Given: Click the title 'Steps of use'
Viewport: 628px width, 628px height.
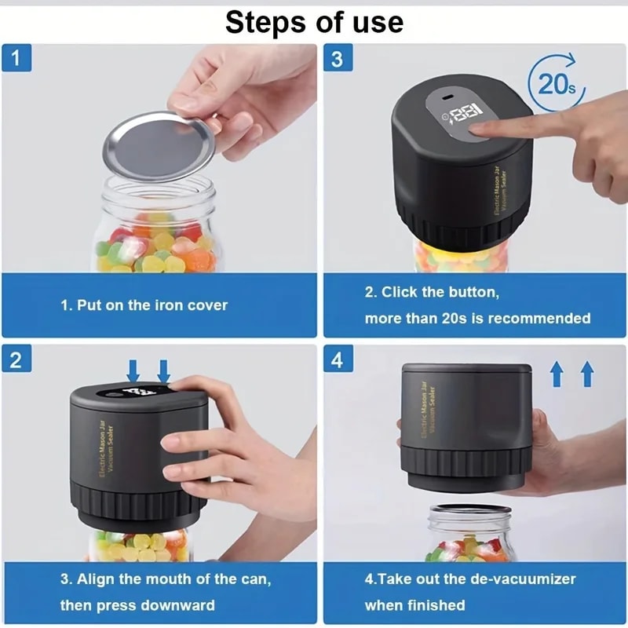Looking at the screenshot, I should (x=314, y=22).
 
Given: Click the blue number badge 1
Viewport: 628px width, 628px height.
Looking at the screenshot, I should (x=16, y=59).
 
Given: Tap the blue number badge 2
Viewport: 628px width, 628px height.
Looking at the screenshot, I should (x=16, y=360).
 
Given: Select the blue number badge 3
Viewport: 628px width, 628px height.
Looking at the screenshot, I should (x=337, y=59).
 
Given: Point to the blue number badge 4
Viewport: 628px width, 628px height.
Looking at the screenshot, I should (x=337, y=360).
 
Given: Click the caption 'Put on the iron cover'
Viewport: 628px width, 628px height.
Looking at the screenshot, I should (x=144, y=305).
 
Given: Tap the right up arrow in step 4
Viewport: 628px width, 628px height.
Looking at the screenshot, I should (x=586, y=374).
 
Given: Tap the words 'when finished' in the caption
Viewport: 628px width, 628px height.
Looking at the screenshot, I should (x=414, y=605).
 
